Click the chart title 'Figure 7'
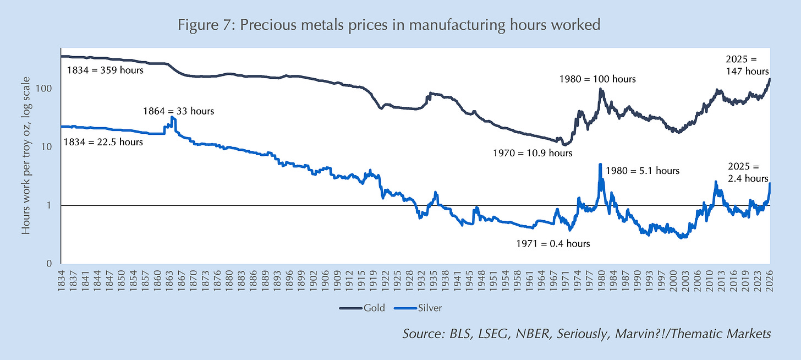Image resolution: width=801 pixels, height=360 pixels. (x=389, y=25)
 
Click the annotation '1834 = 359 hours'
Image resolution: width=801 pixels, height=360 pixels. (x=105, y=70)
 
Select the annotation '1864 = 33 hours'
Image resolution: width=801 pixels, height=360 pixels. (x=178, y=111)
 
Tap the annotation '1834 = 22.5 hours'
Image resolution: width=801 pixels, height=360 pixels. (x=103, y=142)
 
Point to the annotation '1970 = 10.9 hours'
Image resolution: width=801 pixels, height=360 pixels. (x=533, y=153)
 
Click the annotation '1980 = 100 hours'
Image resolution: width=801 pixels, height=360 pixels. (x=597, y=79)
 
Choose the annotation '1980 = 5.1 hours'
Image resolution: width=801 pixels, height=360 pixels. (x=643, y=171)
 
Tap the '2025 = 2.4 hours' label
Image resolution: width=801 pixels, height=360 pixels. (x=748, y=172)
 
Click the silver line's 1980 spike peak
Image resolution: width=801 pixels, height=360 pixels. (x=600, y=164)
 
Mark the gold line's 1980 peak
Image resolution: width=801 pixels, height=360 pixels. (x=601, y=89)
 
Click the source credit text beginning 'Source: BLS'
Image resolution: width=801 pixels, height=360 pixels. (x=586, y=334)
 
